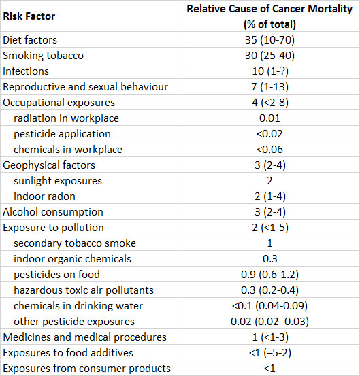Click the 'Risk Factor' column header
(29, 16)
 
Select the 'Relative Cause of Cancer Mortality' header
(269, 9)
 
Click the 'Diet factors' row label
(30, 40)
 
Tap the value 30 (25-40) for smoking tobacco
(269, 55)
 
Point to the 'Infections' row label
(26, 71)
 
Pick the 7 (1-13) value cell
(269, 87)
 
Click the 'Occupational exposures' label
(59, 103)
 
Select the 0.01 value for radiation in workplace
(269, 118)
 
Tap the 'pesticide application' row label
(62, 134)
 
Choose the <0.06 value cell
(269, 150)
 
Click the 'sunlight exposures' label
(58, 181)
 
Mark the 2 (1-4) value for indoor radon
(270, 196)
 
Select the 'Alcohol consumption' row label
(53, 212)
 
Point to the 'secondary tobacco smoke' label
(75, 243)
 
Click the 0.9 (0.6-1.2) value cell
(269, 275)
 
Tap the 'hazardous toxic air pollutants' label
(84, 290)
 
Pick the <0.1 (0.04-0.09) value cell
(269, 306)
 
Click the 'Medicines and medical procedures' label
(84, 337)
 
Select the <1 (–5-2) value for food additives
(270, 353)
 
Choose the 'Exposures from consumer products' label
(86, 369)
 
